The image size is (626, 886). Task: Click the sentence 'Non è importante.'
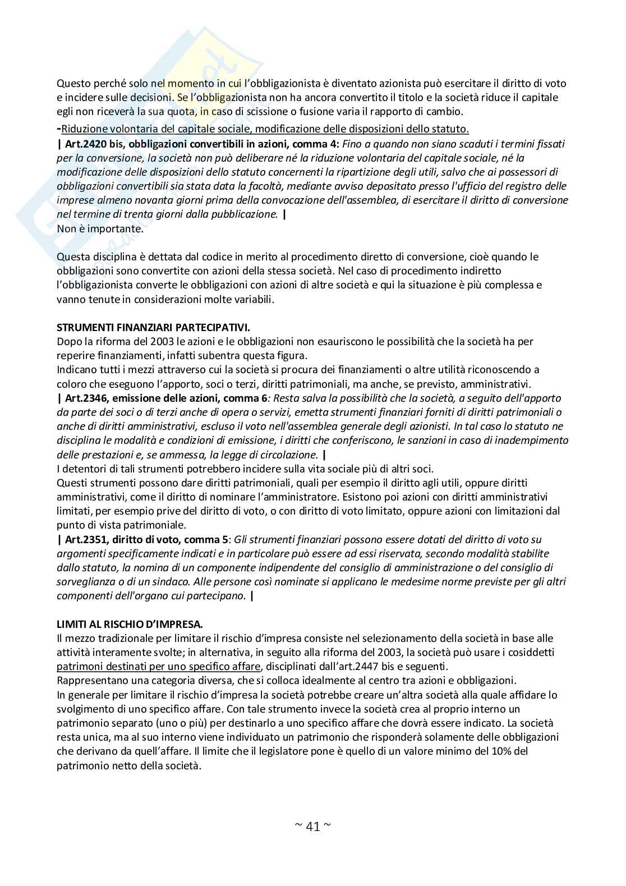(x=100, y=228)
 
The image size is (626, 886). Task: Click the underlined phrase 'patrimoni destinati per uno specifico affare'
(x=158, y=666)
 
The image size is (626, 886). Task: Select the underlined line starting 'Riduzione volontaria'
(x=265, y=129)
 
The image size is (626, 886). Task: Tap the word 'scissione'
(x=266, y=111)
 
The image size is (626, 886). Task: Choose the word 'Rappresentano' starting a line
(x=89, y=681)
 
